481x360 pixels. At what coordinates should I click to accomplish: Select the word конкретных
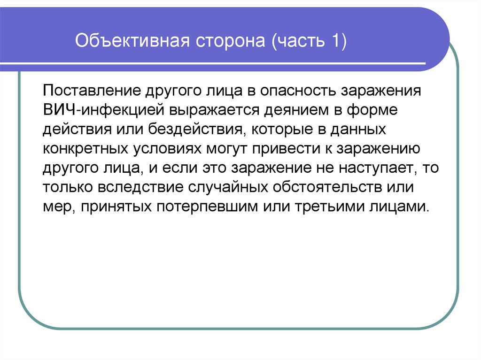point(84,149)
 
